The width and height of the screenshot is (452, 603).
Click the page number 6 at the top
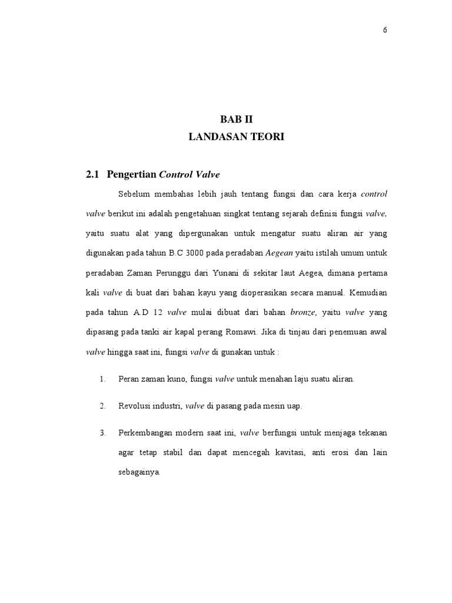point(384,31)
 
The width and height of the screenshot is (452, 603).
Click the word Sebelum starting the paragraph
point(134,194)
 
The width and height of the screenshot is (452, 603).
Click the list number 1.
point(102,379)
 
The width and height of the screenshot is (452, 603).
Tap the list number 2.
point(102,406)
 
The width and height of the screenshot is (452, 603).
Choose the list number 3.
point(102,433)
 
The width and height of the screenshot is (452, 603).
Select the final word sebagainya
point(139,473)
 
